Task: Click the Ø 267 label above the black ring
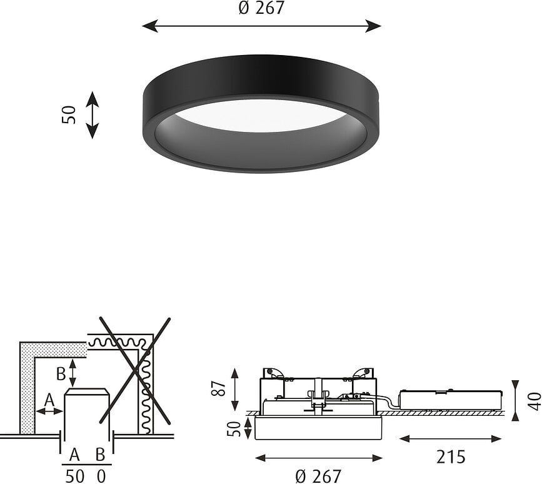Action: [x=261, y=8]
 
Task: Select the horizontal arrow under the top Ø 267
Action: [x=261, y=26]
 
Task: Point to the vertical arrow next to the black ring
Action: [x=92, y=114]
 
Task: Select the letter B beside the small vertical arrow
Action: [x=61, y=373]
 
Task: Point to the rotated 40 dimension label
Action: [x=533, y=400]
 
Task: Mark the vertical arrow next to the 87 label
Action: [x=235, y=388]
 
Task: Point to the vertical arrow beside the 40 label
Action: [x=516, y=400]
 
